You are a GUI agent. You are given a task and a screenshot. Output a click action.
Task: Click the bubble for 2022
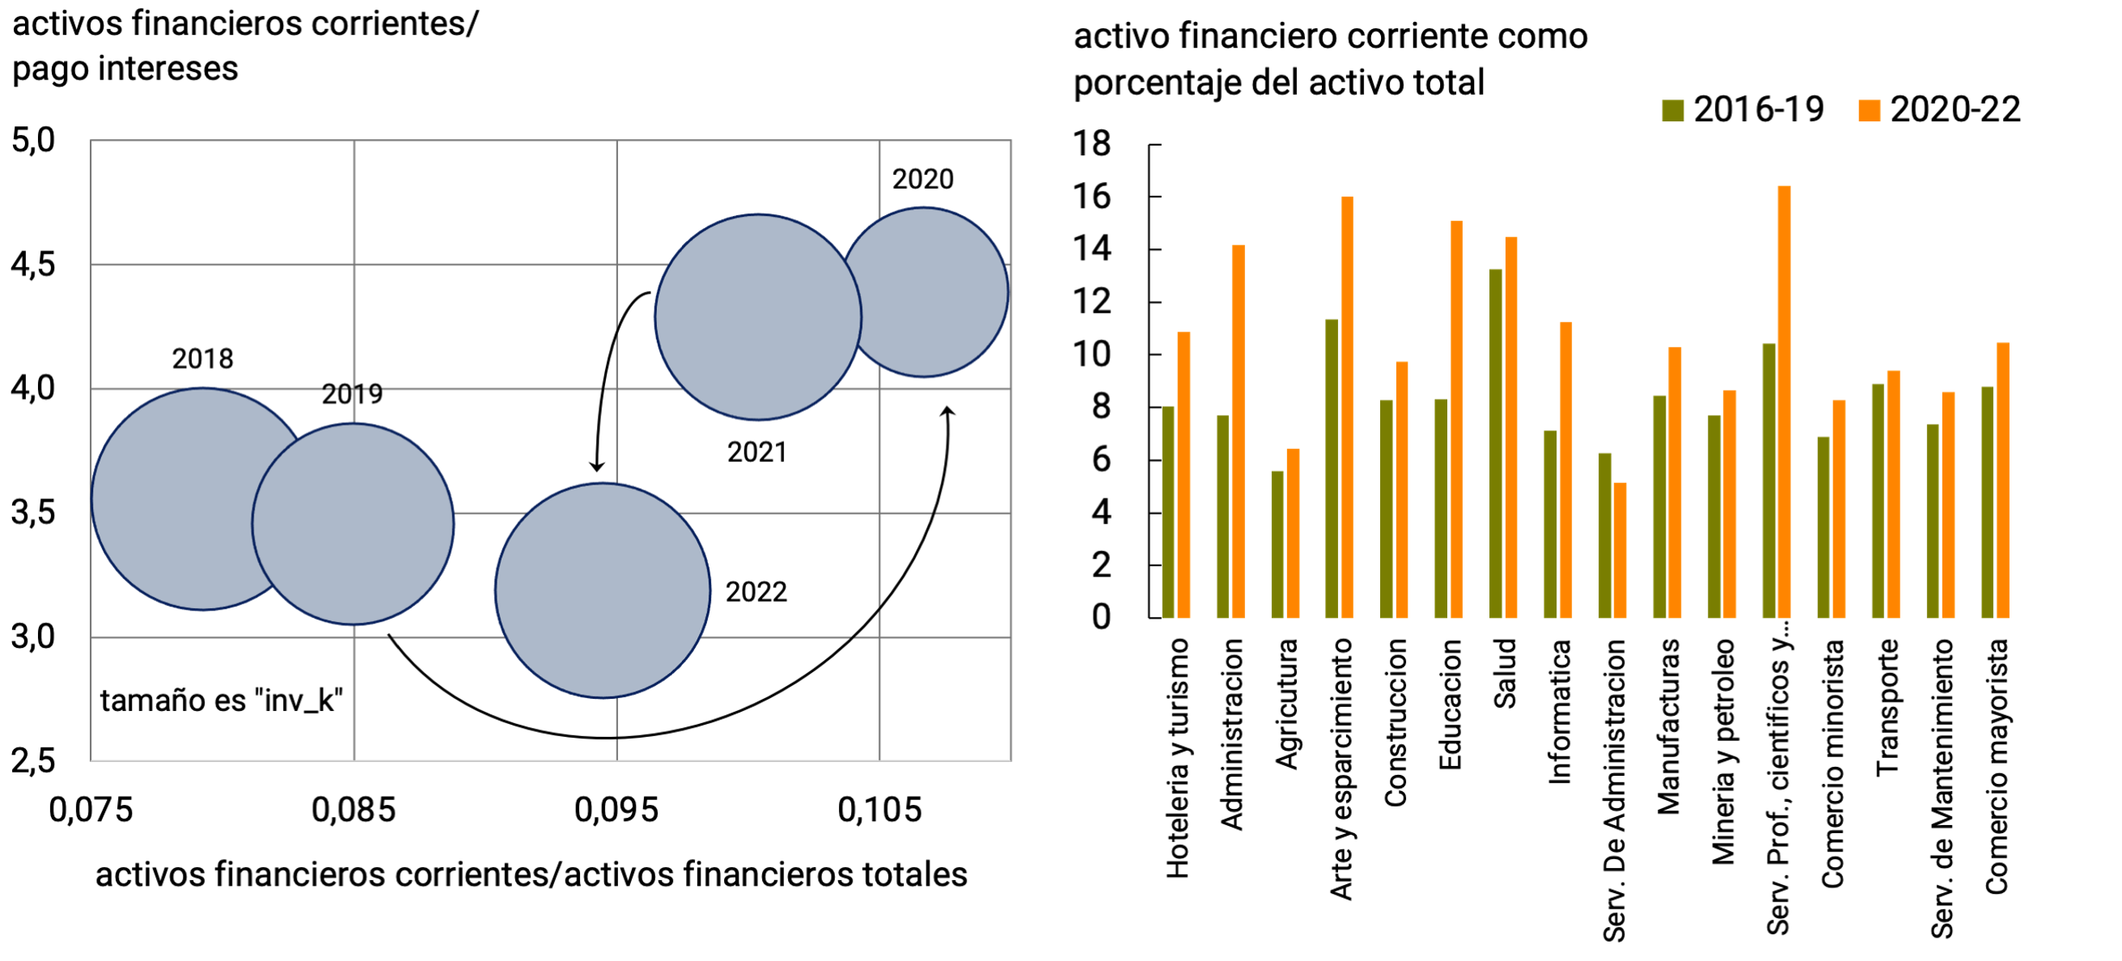602,591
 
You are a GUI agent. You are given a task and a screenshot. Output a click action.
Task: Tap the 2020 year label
922,180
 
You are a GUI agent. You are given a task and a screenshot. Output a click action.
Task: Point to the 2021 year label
756,452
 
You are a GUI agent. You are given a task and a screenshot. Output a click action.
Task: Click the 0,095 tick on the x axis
616,811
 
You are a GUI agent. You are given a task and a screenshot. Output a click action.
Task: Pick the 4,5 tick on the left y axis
33,265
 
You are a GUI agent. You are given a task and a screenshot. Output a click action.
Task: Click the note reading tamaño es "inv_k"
222,701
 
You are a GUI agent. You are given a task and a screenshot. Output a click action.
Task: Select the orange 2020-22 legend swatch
1870,110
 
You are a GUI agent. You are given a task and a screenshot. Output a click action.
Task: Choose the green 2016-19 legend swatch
1673,110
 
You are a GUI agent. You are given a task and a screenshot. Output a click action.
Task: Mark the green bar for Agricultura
1277,544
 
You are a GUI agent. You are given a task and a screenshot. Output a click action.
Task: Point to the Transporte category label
1887,707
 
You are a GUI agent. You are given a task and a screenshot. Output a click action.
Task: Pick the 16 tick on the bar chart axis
1091,197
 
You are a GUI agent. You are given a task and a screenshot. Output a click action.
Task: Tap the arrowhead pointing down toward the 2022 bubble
597,466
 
